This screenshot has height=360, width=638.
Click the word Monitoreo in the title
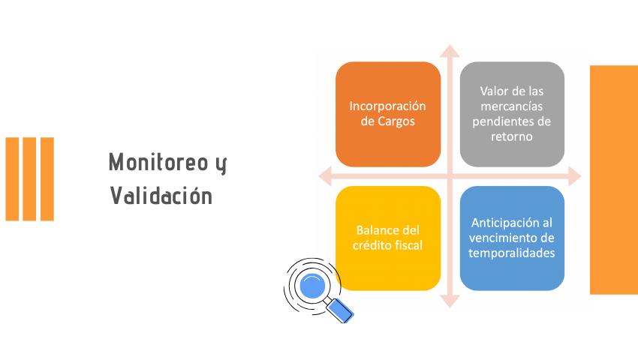(158, 162)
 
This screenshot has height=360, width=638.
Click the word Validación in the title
(161, 195)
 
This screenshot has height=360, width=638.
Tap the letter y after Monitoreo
(221, 164)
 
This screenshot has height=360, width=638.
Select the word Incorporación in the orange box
(387, 106)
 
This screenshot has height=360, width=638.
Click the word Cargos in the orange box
(396, 121)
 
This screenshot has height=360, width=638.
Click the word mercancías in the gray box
(511, 106)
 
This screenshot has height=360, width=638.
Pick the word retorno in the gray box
(511, 136)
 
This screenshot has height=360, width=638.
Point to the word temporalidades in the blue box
(511, 253)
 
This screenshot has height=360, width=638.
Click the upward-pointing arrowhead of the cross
(450, 51)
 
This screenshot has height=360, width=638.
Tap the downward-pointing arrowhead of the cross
(450, 301)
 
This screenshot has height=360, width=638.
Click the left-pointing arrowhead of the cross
(325, 176)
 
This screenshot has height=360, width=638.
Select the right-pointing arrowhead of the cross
(574, 176)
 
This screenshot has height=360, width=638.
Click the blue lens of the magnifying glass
(312, 286)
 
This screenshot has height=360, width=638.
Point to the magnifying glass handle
(340, 310)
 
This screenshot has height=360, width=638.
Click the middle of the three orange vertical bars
(29, 179)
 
